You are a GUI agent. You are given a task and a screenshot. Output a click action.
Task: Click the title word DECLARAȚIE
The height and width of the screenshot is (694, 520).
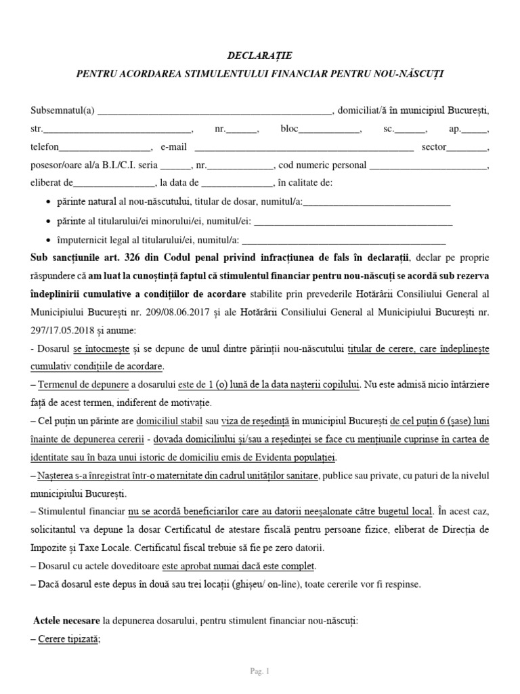(260, 55)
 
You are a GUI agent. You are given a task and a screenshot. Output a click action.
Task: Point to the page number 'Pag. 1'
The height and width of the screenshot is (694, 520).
(260, 672)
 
